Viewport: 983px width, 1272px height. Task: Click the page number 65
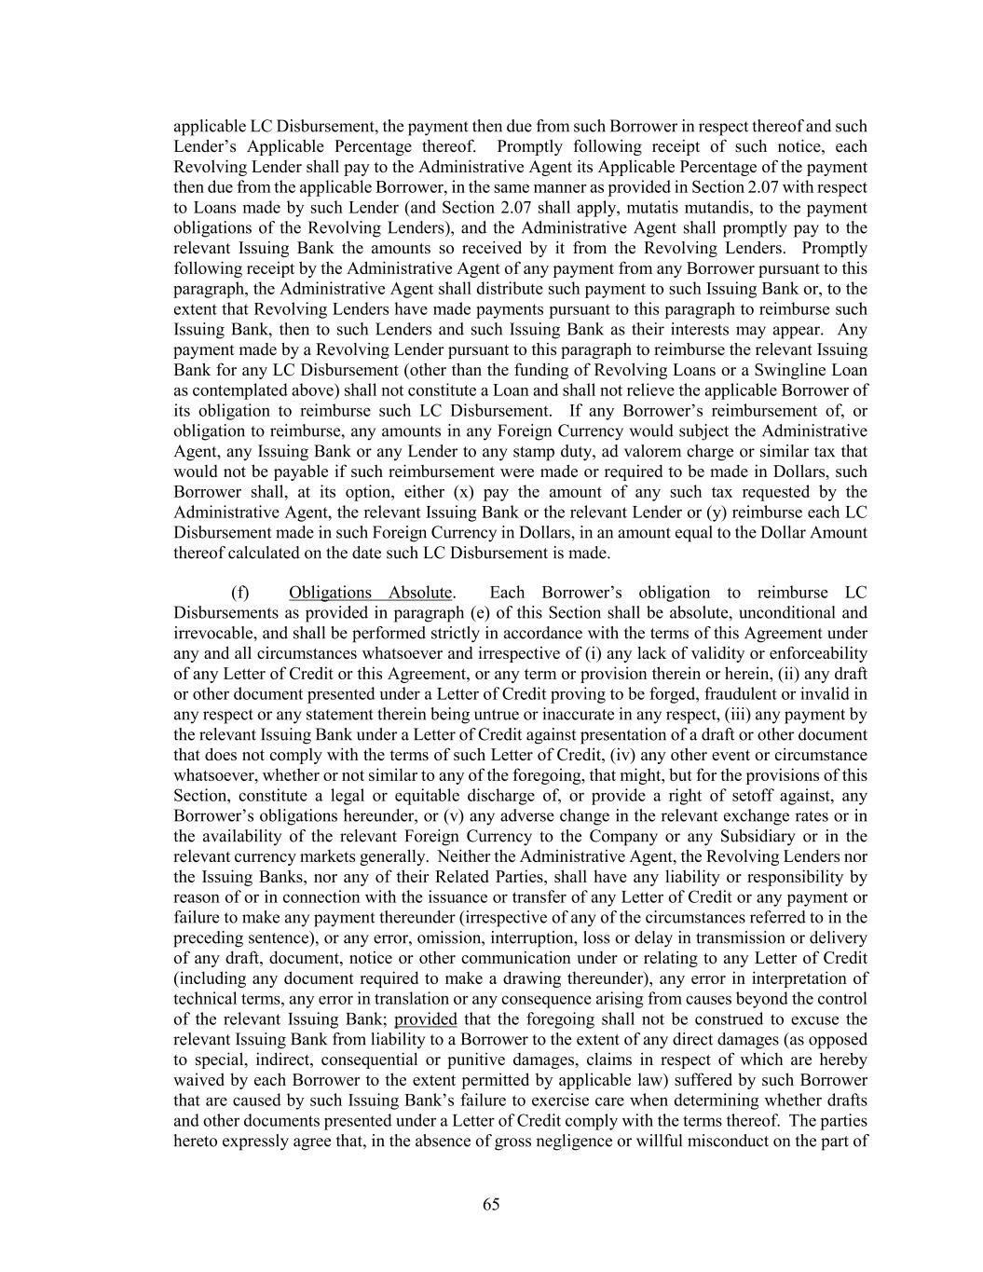tap(491, 1204)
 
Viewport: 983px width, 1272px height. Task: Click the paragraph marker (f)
tap(239, 593)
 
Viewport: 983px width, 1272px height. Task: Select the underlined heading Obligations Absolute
tap(370, 593)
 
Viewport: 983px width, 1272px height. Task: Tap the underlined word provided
tap(425, 1019)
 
